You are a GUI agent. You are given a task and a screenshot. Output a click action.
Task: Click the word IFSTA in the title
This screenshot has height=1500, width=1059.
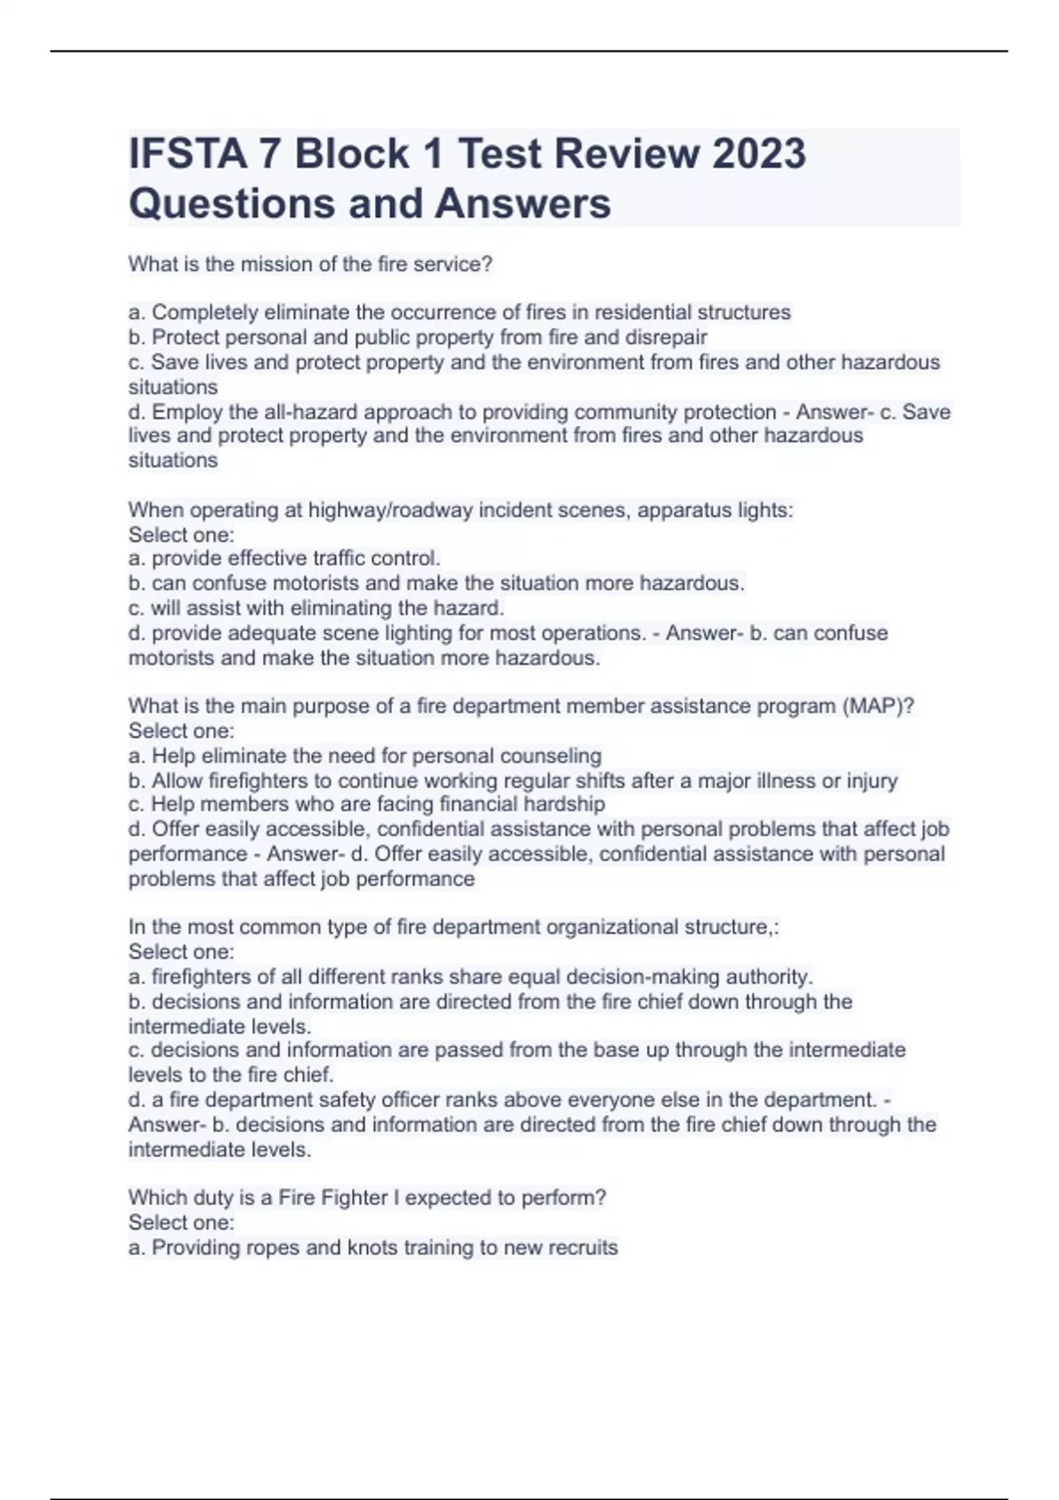tap(186, 154)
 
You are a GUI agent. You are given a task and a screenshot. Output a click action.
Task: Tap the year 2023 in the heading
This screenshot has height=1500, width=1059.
tap(758, 154)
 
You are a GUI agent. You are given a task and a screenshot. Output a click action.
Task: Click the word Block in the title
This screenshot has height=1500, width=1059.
tap(351, 154)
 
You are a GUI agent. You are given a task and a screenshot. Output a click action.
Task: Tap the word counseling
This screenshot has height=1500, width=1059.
tap(551, 755)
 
